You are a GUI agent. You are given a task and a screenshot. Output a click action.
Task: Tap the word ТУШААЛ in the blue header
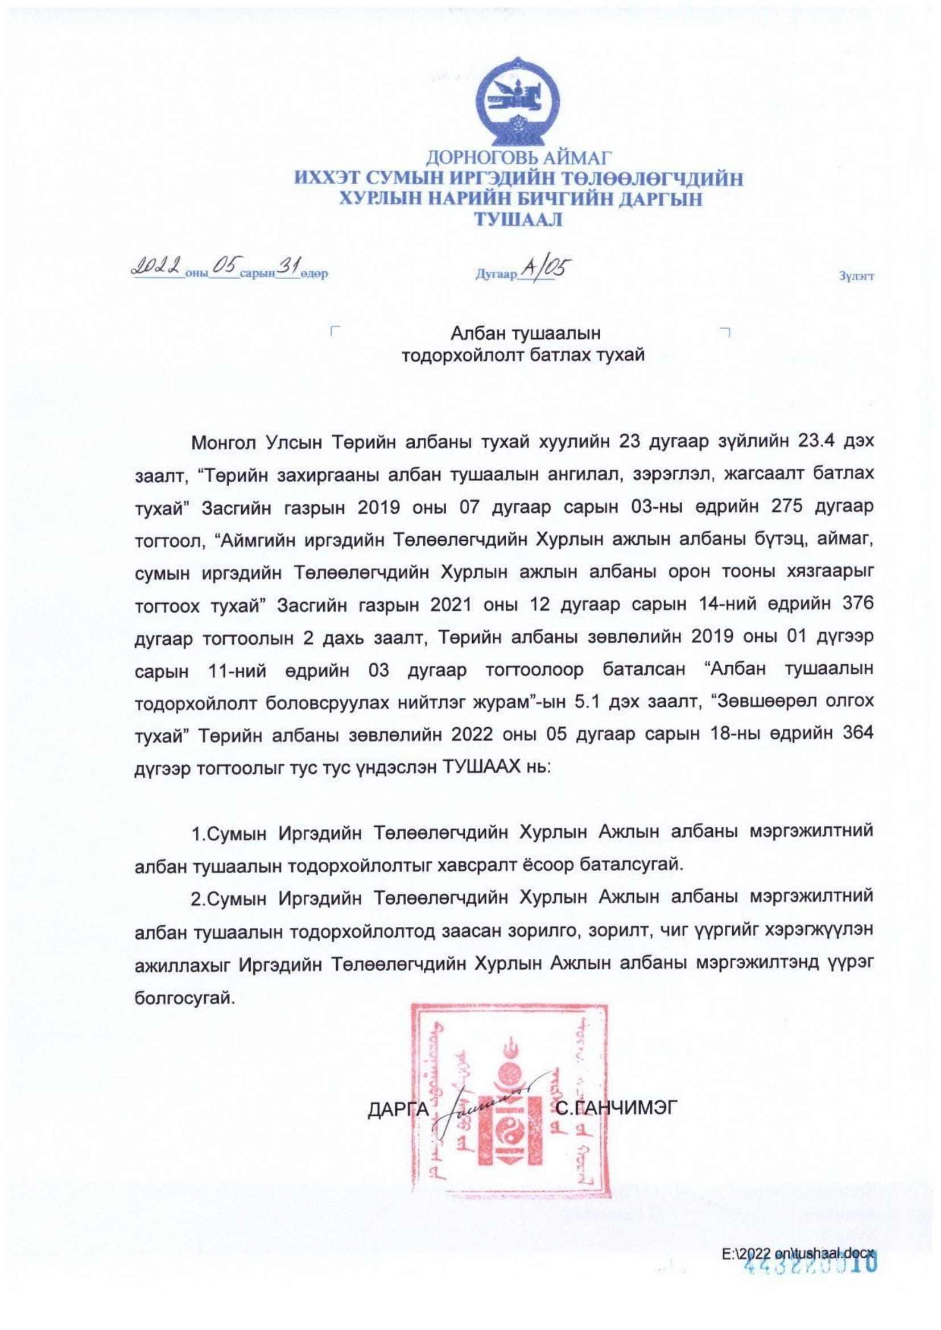coord(519,219)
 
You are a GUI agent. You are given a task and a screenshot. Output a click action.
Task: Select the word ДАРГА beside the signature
coord(398,1107)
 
